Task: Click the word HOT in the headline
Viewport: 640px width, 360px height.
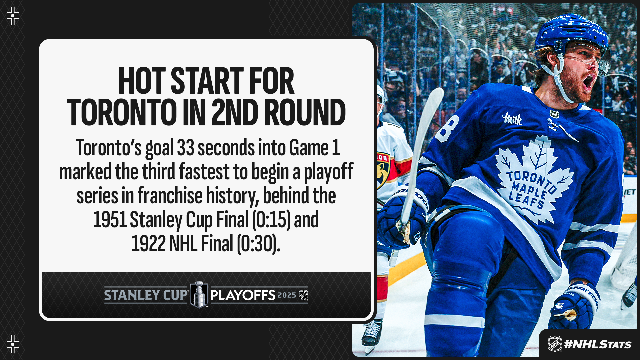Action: click(x=142, y=81)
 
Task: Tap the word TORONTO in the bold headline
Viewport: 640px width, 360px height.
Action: click(x=122, y=112)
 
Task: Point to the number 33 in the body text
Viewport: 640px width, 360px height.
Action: click(x=185, y=148)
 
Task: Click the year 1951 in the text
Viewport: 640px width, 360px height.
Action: click(x=110, y=220)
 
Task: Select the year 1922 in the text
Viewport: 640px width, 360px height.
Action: click(x=148, y=244)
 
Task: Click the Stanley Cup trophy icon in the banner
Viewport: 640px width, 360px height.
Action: click(x=199, y=295)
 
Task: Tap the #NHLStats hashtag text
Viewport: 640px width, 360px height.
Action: click(x=598, y=344)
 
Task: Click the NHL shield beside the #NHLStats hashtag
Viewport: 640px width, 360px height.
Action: click(x=555, y=344)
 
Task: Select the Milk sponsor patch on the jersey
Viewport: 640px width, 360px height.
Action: click(x=512, y=119)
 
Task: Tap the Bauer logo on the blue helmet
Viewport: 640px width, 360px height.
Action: click(x=599, y=32)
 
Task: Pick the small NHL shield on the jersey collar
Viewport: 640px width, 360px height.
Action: click(x=554, y=114)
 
